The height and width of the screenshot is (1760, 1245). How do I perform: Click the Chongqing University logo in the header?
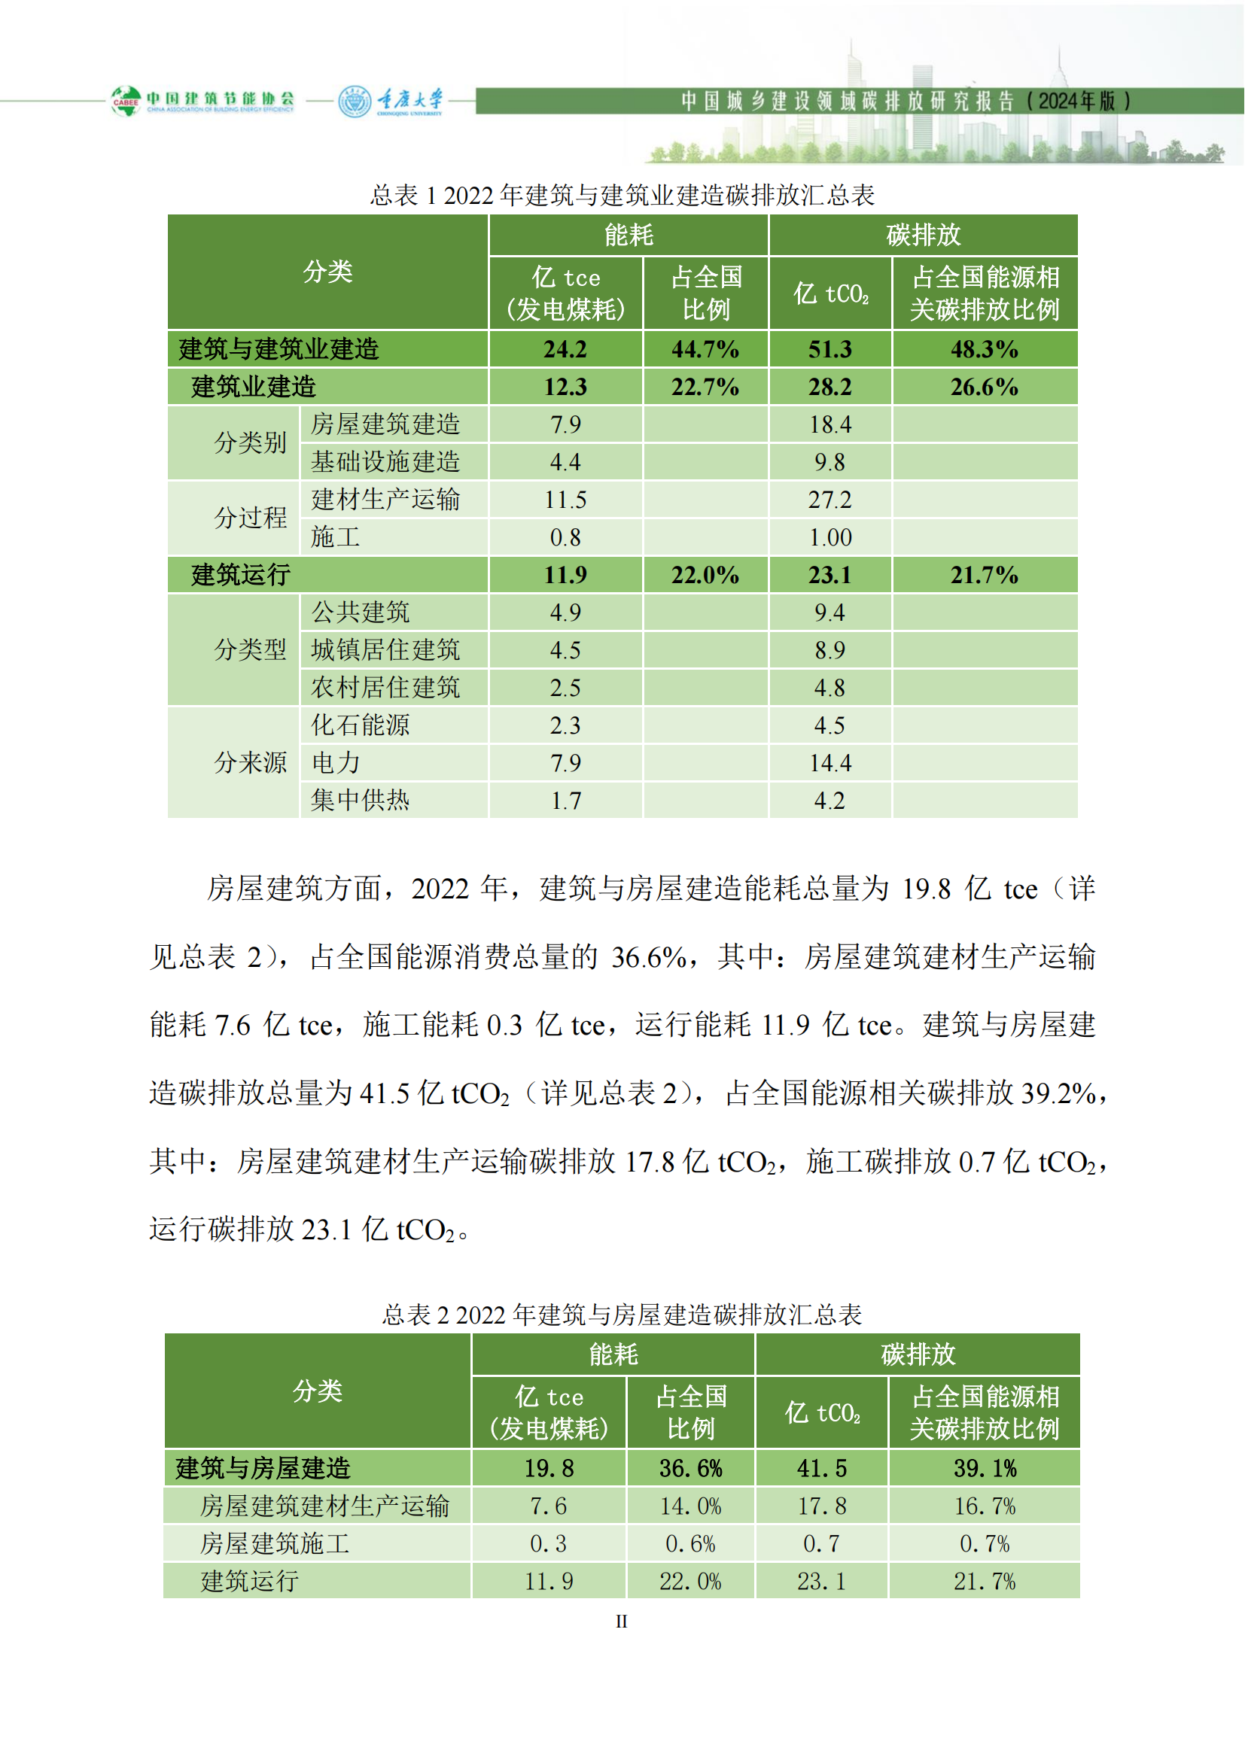[x=391, y=101]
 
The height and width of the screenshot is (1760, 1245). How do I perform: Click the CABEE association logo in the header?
[x=202, y=100]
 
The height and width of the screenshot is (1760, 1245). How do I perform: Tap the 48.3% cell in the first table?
[x=985, y=350]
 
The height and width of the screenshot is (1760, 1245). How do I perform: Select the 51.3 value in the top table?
[x=829, y=350]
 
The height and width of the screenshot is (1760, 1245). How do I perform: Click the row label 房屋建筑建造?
[x=385, y=424]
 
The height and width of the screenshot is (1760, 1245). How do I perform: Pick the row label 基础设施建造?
[x=385, y=461]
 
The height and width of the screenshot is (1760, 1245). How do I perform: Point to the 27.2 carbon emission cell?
[x=829, y=500]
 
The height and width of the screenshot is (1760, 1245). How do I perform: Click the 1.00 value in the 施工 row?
[x=830, y=537]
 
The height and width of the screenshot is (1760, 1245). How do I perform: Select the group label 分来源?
[x=250, y=763]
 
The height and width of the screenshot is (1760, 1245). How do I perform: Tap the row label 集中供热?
[x=361, y=801]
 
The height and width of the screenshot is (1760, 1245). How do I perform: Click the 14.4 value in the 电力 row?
[x=830, y=763]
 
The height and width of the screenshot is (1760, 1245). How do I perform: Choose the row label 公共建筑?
[x=361, y=613]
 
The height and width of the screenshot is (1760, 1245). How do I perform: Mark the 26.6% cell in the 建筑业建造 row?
[x=985, y=387]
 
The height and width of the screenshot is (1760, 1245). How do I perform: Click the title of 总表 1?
[x=622, y=196]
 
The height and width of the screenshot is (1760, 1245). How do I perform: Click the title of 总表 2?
[x=622, y=1315]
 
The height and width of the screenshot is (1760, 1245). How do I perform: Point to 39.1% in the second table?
[x=985, y=1468]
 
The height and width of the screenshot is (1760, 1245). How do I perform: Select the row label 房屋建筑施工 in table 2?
[x=275, y=1543]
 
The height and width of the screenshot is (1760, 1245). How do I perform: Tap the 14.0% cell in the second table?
[x=690, y=1506]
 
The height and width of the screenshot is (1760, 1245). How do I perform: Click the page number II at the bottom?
[x=621, y=1622]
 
